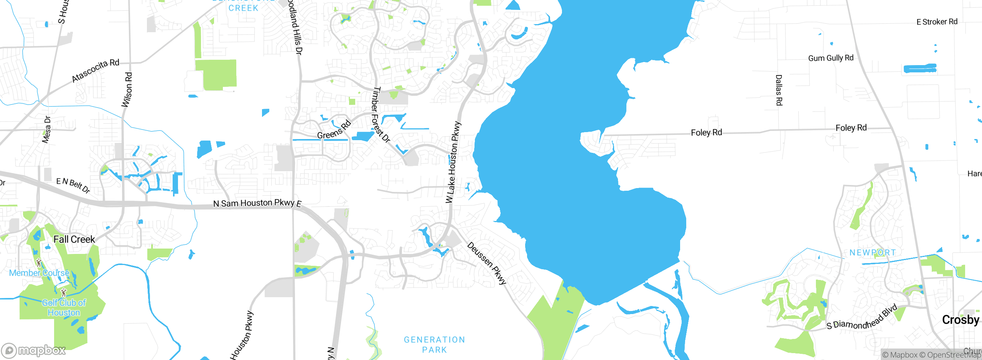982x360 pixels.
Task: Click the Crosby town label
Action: (x=961, y=320)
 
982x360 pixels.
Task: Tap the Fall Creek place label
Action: (x=74, y=239)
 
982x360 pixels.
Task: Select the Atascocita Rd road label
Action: (x=96, y=70)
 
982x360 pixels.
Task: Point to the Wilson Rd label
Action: (x=127, y=90)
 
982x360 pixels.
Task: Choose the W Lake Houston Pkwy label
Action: (x=453, y=162)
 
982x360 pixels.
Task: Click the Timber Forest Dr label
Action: (x=380, y=115)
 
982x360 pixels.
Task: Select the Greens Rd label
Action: (x=334, y=130)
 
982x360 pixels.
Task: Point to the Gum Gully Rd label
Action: (x=831, y=58)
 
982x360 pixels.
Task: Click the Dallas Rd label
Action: (x=779, y=90)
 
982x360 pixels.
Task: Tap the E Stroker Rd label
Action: (x=937, y=22)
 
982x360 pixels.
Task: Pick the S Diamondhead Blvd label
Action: (x=862, y=318)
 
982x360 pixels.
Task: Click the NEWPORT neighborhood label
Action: (x=873, y=253)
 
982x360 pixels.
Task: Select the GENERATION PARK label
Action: (x=434, y=345)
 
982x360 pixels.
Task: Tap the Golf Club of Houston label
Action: (x=64, y=308)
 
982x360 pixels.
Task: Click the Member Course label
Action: (x=39, y=273)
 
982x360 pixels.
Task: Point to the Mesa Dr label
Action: (x=46, y=129)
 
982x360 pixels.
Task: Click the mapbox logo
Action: (x=34, y=350)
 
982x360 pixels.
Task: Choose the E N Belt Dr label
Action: (x=73, y=185)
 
